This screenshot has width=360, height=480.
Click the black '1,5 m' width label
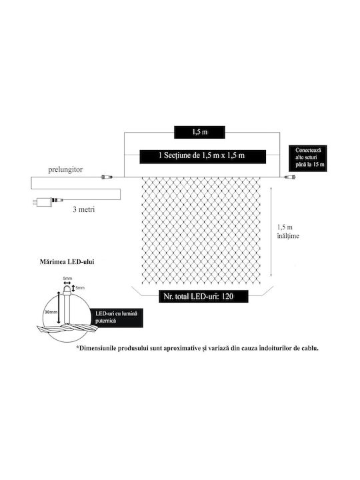(x=199, y=132)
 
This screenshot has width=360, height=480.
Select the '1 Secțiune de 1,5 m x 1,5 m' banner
(x=203, y=157)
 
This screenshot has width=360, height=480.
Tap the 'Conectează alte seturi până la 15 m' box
(x=308, y=159)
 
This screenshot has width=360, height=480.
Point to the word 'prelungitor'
(x=65, y=170)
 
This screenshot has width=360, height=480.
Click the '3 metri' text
(x=83, y=210)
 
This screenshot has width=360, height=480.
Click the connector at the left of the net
(x=107, y=177)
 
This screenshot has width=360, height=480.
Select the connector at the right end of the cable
(x=289, y=177)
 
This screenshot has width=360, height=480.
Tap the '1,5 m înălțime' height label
(x=288, y=231)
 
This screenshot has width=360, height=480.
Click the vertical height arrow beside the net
(x=271, y=233)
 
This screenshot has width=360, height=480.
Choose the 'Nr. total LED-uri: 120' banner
(x=203, y=296)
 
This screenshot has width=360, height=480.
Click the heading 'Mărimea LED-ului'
(x=67, y=262)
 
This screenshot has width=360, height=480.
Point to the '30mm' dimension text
(x=51, y=312)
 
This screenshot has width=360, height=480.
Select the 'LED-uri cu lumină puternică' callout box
(x=117, y=317)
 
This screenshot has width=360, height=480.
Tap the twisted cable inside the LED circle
(x=67, y=329)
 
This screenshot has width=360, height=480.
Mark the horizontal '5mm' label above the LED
(x=67, y=279)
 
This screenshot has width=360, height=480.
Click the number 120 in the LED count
(x=228, y=296)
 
